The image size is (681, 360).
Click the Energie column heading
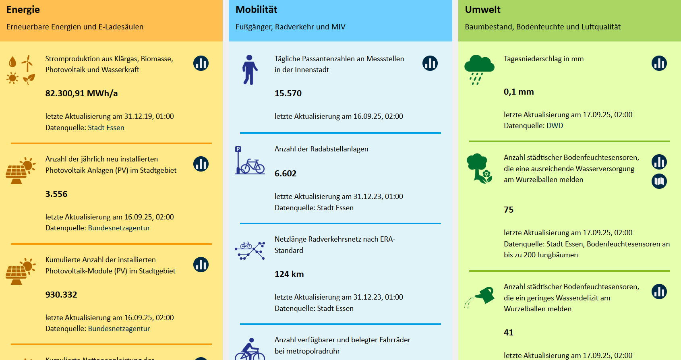tap(23, 10)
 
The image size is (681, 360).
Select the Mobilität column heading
tap(256, 10)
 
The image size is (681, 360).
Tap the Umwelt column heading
tap(482, 10)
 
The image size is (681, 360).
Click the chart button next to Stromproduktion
tap(201, 63)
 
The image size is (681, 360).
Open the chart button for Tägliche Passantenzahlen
tap(430, 63)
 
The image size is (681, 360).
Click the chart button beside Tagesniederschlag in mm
tap(659, 63)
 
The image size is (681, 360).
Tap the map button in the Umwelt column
tap(659, 181)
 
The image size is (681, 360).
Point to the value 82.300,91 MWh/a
tap(81, 93)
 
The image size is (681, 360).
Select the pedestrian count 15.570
tap(288, 93)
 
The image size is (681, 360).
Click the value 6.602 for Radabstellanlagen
tap(286, 174)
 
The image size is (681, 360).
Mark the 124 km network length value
tap(289, 274)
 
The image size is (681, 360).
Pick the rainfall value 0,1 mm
tap(519, 92)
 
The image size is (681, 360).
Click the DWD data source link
tap(555, 126)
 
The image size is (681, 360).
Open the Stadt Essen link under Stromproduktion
tap(106, 128)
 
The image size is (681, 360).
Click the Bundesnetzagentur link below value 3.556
tap(119, 228)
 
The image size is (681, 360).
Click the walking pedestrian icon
tap(250, 70)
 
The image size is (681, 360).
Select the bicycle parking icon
tap(250, 161)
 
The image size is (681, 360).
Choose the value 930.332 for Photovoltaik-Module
tap(61, 295)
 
